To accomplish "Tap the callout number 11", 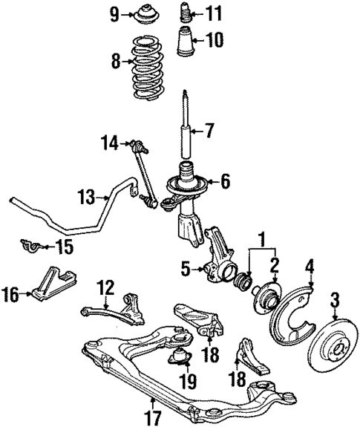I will coord(214,13).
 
